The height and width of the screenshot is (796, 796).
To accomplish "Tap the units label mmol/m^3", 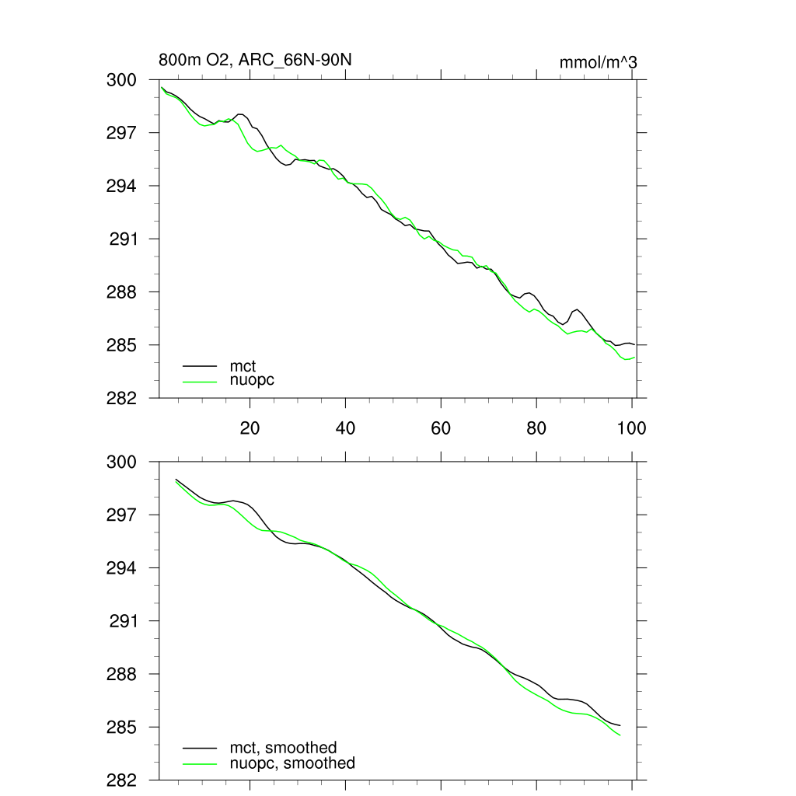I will point(598,62).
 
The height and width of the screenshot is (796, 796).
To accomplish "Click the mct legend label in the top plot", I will point(243,365).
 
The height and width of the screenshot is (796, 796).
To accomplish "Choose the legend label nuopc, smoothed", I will point(292,763).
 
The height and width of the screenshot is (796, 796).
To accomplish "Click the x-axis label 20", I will point(250,428).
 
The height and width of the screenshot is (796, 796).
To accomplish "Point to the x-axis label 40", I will point(345,428).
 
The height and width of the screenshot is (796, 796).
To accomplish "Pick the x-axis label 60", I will point(441,428).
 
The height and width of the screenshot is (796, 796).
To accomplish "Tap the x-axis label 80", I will point(536,428).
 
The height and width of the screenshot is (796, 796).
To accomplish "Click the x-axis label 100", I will point(631,428).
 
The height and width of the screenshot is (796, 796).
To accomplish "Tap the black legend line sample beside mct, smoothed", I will point(200,748).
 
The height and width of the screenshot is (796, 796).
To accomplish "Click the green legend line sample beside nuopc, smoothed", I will point(200,763).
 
